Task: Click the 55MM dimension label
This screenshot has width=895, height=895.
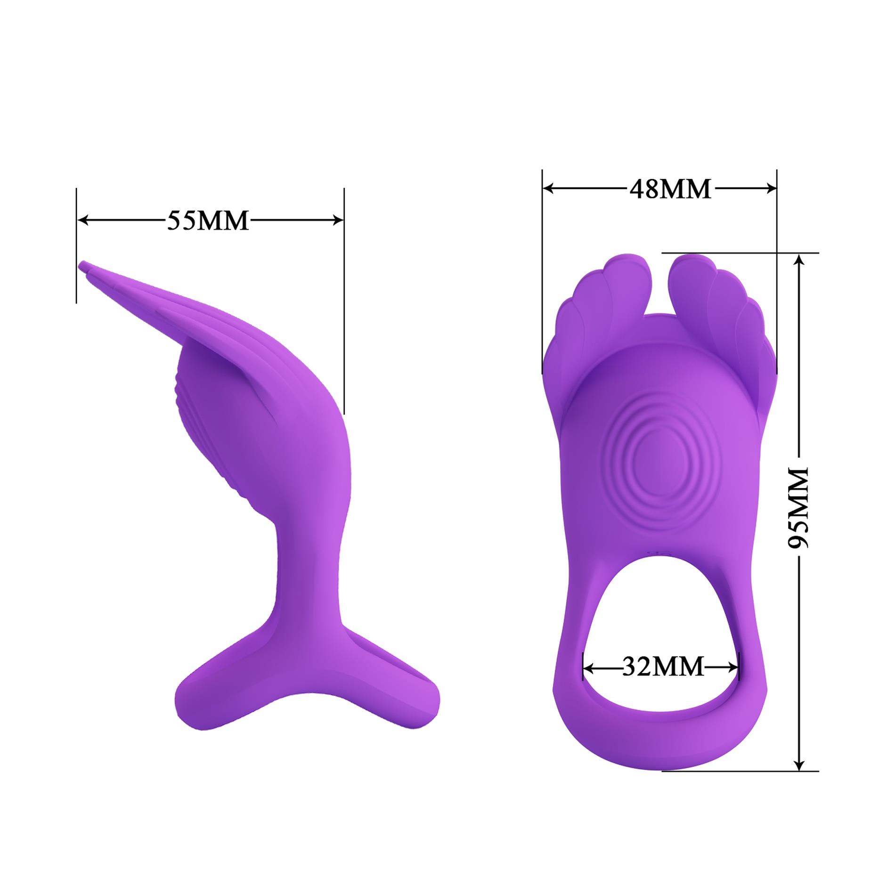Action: pos(208,220)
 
